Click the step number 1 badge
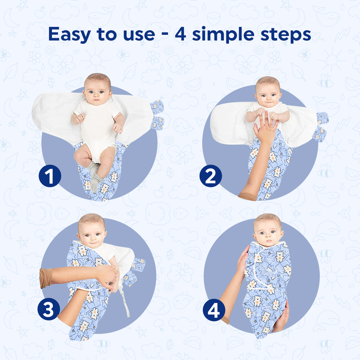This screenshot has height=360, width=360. [50, 175]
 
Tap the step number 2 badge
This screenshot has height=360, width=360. [211, 176]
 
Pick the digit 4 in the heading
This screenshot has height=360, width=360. [181, 34]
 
